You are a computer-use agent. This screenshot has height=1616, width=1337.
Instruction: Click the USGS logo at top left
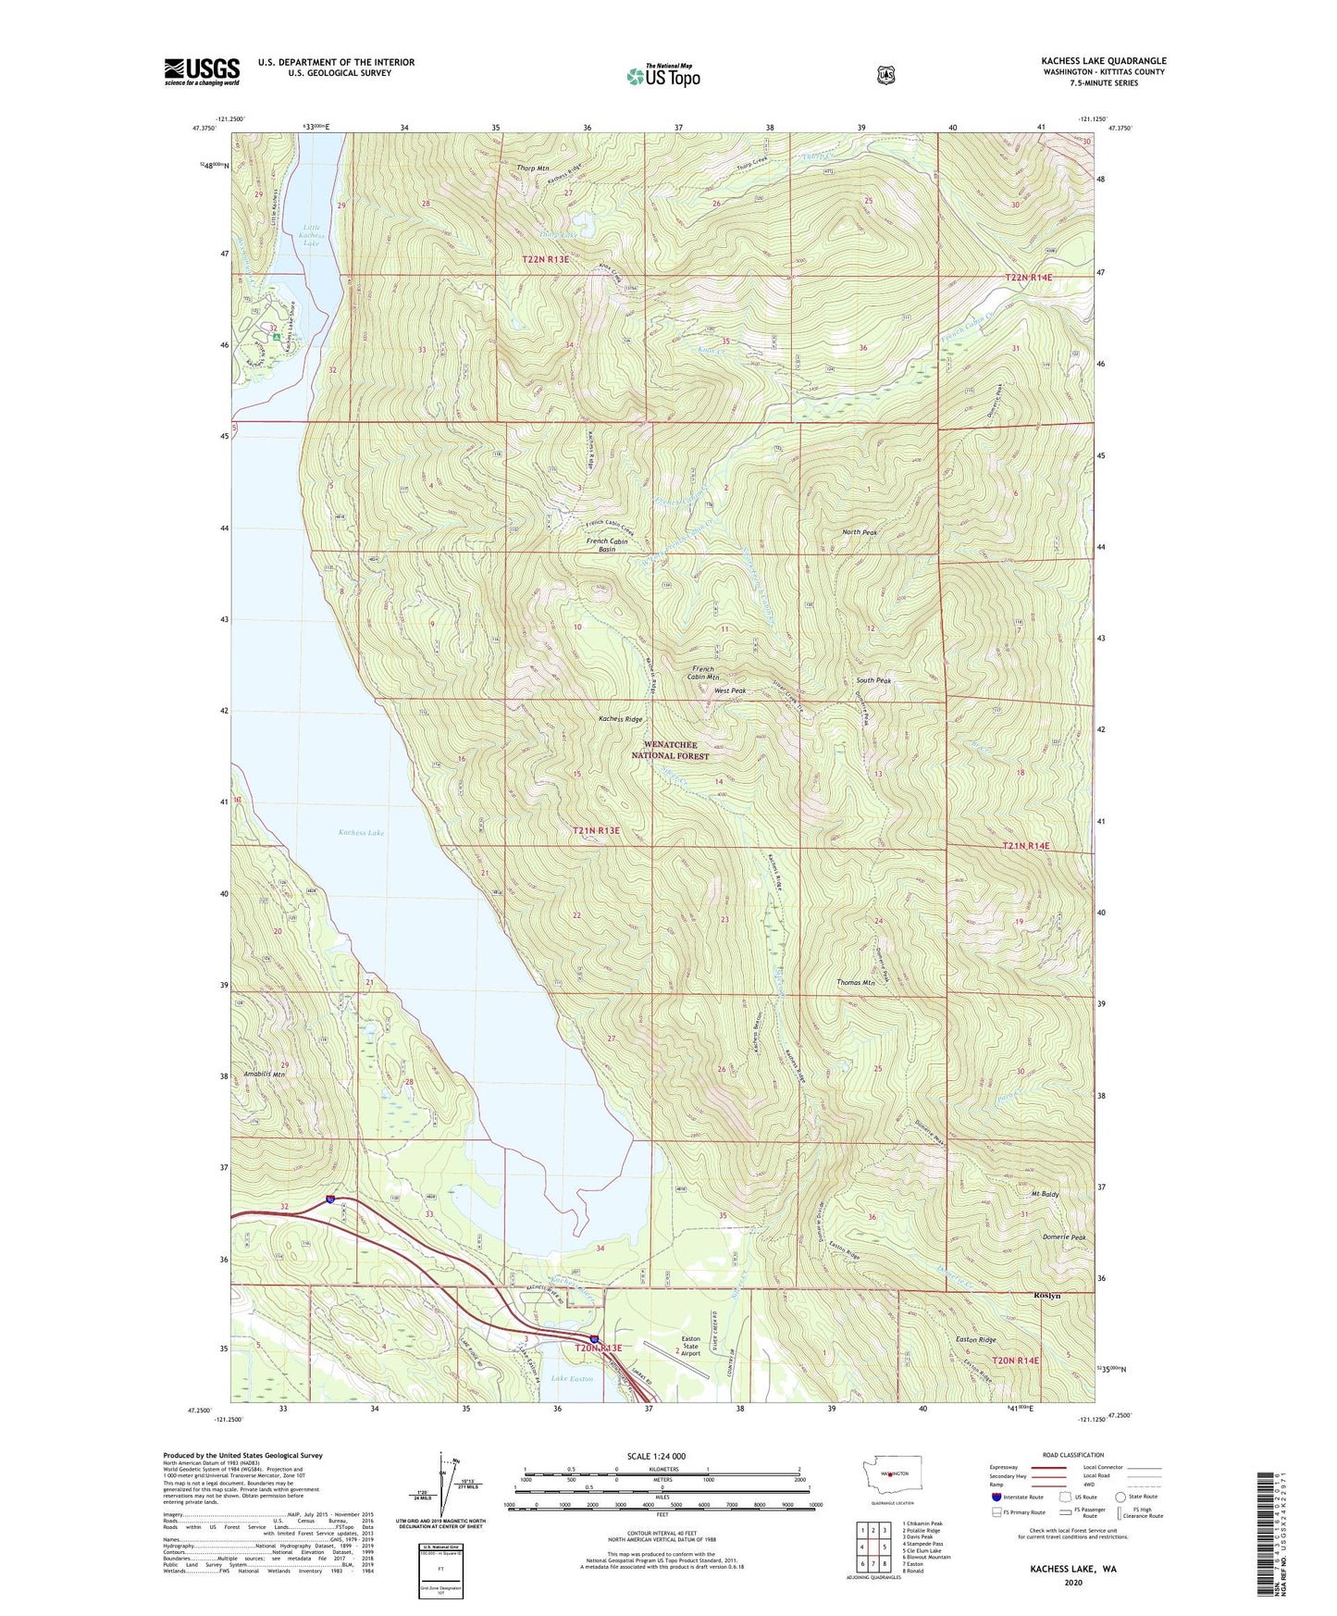pos(202,70)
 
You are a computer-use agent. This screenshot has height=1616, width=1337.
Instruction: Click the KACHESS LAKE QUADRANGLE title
pos(1103,61)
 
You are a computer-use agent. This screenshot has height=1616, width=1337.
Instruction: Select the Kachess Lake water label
pos(361,833)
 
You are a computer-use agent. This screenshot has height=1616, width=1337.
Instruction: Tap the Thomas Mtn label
pos(855,983)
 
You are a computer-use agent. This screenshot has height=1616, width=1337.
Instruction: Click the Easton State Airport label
pos(690,1346)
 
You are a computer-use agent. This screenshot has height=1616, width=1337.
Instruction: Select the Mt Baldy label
pos(1044,1195)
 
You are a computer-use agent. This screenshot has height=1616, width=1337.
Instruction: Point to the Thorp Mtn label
pos(533,168)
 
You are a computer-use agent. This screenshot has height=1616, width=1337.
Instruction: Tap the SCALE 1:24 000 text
pos(656,1456)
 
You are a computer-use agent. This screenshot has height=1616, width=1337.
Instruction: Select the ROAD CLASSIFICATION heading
pos(1071,1455)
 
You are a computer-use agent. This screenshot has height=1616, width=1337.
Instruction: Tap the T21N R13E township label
pos(596,830)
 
